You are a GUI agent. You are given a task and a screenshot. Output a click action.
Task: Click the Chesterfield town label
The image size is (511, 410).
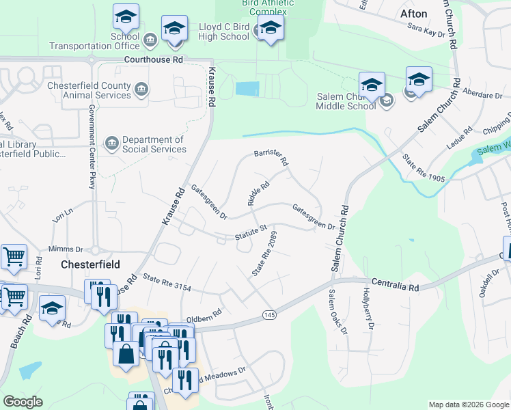(x=91, y=264)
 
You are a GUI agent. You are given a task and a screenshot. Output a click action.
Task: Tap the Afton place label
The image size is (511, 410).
(x=413, y=14)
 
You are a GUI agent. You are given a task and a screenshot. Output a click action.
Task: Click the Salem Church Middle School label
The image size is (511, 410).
(x=346, y=101)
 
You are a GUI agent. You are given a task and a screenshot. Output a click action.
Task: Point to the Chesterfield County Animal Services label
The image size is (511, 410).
(x=89, y=90)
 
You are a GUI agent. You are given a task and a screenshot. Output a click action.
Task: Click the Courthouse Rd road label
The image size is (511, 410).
(x=154, y=60)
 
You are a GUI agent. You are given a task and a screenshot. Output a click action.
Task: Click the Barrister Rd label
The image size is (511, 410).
(x=272, y=158)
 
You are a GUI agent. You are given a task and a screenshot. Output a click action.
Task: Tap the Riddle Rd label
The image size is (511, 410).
(x=259, y=193)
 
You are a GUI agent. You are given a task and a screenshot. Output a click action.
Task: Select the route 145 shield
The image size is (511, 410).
(x=270, y=314)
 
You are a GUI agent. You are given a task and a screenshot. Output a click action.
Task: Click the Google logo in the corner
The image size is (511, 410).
(x=23, y=401)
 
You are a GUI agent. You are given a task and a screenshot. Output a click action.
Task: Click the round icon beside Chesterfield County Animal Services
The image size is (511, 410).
(x=141, y=89)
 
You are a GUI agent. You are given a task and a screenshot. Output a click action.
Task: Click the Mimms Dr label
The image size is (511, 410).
(x=66, y=249)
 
